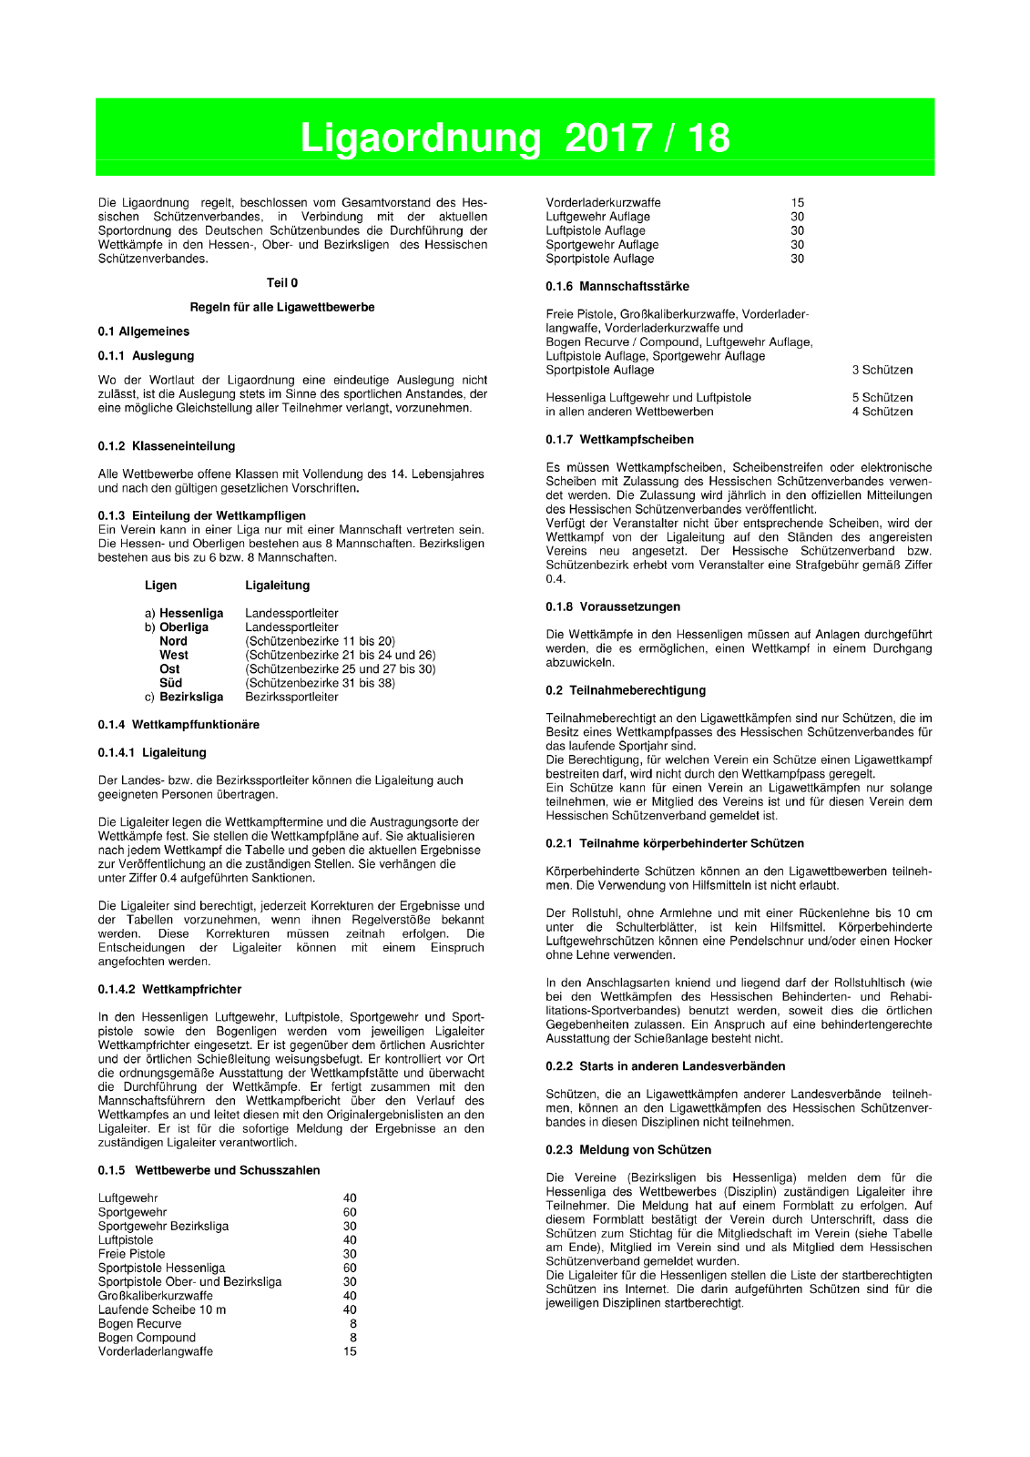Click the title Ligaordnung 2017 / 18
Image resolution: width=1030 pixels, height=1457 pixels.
(x=515, y=138)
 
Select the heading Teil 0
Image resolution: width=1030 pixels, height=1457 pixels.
(x=281, y=283)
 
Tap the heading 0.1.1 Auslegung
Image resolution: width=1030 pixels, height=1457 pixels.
(x=146, y=356)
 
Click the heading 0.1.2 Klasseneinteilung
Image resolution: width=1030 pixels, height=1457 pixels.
(x=166, y=446)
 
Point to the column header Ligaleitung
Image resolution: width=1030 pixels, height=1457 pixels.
(x=277, y=586)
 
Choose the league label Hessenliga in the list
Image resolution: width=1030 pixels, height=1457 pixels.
(x=191, y=614)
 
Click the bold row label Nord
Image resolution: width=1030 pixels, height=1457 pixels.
(x=173, y=641)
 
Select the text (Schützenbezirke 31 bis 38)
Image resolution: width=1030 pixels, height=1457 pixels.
(x=320, y=683)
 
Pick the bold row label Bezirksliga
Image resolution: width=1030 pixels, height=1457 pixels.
(x=191, y=697)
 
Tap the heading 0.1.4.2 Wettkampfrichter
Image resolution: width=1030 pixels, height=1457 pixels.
(x=169, y=989)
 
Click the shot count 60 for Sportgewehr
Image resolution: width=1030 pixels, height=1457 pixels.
(x=350, y=1212)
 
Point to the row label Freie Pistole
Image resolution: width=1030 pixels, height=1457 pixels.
(x=132, y=1254)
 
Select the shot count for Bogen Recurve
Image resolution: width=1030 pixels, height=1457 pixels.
(x=352, y=1324)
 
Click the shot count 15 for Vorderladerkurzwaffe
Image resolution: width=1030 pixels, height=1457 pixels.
(x=798, y=203)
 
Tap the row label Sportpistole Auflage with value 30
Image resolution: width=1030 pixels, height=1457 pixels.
(x=600, y=259)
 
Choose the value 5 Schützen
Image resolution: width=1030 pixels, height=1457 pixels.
(x=882, y=398)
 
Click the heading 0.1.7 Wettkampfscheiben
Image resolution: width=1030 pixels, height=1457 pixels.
(x=619, y=440)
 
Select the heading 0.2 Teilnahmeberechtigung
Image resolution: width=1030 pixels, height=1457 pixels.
(x=626, y=690)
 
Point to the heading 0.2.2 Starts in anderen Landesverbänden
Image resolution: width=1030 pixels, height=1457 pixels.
(x=665, y=1066)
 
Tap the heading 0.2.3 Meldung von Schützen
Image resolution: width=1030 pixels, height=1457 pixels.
(x=627, y=1150)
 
